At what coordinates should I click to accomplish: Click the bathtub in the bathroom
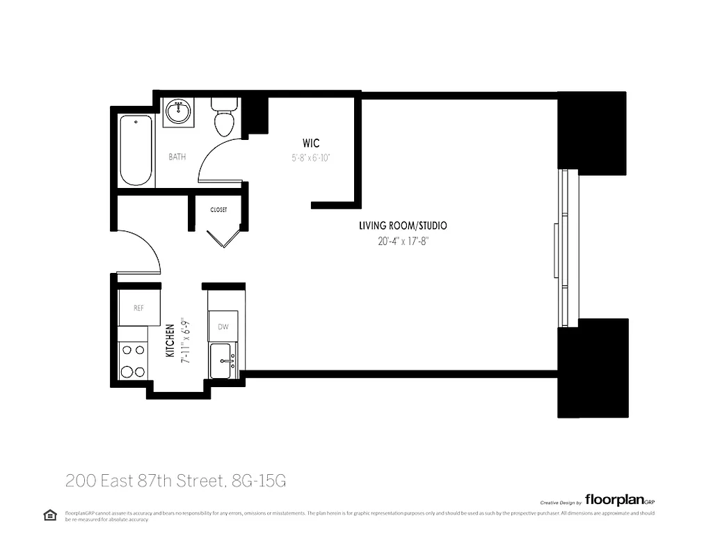pyautogui.click(x=136, y=151)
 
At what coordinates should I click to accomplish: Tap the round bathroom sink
pyautogui.click(x=178, y=111)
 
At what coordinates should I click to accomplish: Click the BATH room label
pyautogui.click(x=177, y=157)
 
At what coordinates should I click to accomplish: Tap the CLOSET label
pyautogui.click(x=218, y=210)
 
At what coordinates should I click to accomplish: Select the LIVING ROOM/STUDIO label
pyautogui.click(x=402, y=226)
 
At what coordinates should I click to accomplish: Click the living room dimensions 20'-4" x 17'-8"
pyautogui.click(x=402, y=242)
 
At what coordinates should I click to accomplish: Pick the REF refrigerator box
pyautogui.click(x=138, y=308)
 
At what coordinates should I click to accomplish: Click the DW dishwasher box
pyautogui.click(x=223, y=326)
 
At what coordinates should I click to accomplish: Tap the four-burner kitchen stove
pyautogui.click(x=132, y=361)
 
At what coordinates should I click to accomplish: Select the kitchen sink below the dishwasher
pyautogui.click(x=223, y=361)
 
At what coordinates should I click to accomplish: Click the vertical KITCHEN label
pyautogui.click(x=169, y=340)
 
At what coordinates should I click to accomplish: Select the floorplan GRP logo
pyautogui.click(x=619, y=499)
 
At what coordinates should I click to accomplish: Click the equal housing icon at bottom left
pyautogui.click(x=49, y=515)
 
